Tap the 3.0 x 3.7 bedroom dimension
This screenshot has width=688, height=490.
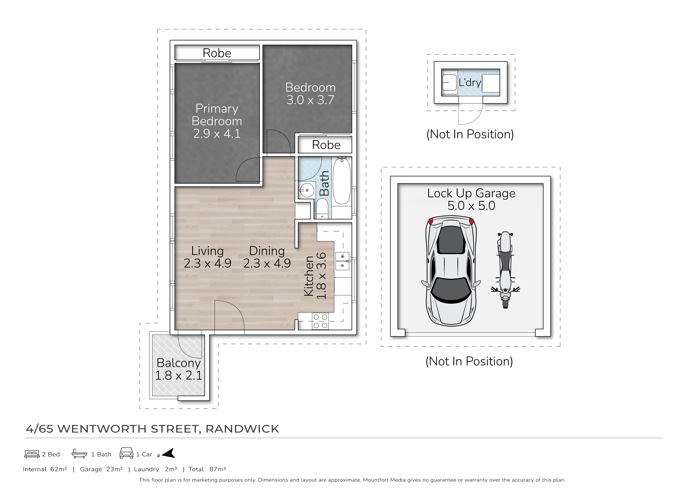coord(310,100)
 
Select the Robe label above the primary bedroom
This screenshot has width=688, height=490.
coord(217,53)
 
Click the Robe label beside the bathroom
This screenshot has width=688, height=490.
coord(326,145)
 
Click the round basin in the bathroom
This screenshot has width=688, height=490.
coord(307,190)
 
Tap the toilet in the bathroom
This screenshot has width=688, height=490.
coord(322,209)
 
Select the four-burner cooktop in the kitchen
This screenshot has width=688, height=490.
coord(320,321)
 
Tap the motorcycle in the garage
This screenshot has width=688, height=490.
coord(505,270)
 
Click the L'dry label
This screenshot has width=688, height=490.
coord(470,82)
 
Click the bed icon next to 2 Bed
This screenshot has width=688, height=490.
coord(32,454)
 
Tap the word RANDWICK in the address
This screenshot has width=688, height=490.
coord(242,429)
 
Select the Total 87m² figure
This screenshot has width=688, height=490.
coord(207,469)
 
